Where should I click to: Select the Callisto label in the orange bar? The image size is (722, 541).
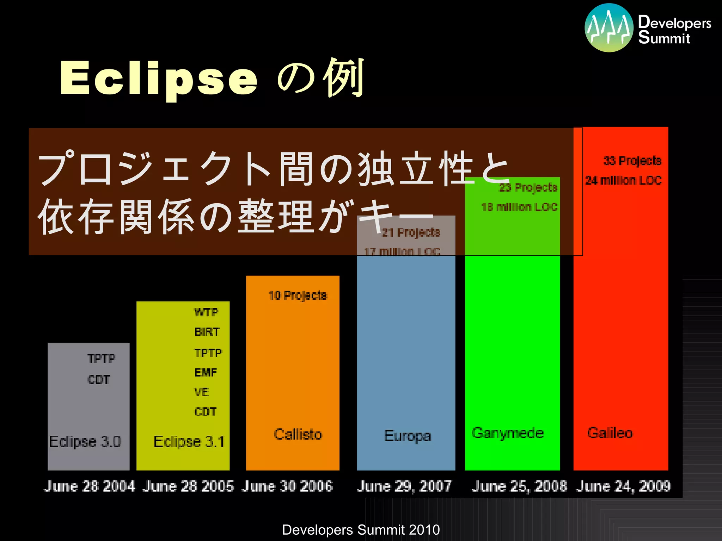tap(298, 434)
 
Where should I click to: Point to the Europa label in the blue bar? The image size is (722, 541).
tap(408, 436)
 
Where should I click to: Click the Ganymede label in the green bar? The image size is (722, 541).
tap(508, 433)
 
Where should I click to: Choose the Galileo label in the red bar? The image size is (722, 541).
tap(610, 433)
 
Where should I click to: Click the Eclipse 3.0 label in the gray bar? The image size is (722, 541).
tap(85, 442)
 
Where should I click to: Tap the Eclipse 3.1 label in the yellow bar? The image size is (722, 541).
tap(189, 442)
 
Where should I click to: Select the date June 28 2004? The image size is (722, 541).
tap(90, 486)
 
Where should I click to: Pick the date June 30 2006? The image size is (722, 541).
tap(287, 486)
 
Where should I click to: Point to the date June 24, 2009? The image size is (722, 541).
tap(623, 486)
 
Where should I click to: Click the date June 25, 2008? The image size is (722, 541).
tap(519, 486)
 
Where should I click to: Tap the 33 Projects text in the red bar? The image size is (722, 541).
tap(632, 161)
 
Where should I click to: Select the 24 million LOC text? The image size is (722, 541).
tap(623, 180)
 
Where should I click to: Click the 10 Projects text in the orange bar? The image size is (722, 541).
tap(298, 296)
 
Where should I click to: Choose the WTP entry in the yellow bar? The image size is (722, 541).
tap(206, 312)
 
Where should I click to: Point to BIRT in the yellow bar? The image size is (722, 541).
tap(207, 332)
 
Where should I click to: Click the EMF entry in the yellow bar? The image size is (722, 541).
tap(206, 372)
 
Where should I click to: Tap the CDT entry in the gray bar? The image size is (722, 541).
tap(99, 380)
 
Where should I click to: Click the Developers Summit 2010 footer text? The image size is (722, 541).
tap(361, 530)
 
